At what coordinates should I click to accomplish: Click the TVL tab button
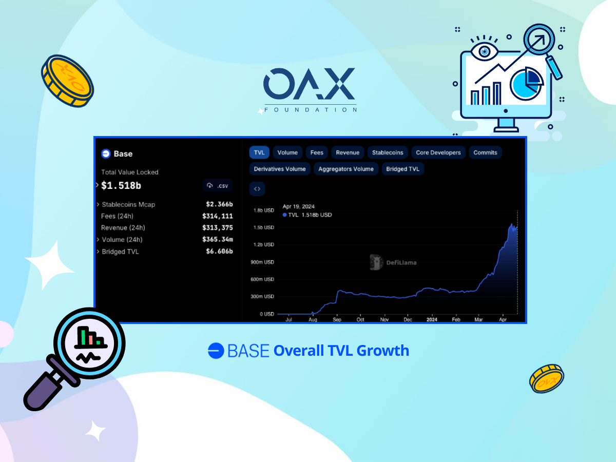click(259, 152)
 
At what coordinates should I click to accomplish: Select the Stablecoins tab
click(387, 152)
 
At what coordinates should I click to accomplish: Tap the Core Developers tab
click(438, 152)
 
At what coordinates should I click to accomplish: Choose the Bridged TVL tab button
click(402, 169)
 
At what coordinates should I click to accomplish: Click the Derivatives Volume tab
click(280, 169)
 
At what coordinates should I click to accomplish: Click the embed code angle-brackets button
click(257, 189)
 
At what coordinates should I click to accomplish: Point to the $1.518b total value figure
click(121, 185)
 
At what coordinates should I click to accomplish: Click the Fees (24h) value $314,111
click(218, 216)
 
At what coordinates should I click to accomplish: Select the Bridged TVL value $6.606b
click(220, 251)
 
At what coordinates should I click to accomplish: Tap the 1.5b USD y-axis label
click(263, 227)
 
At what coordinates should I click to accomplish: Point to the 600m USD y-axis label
click(262, 279)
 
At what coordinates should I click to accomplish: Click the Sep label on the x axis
click(337, 319)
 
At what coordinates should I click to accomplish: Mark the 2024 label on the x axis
click(432, 319)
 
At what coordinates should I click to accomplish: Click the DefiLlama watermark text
click(401, 262)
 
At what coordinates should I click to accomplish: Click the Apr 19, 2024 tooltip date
click(298, 206)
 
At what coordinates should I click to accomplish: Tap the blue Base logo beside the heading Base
click(106, 153)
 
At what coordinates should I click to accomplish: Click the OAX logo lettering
click(309, 84)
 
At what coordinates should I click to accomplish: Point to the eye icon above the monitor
click(485, 51)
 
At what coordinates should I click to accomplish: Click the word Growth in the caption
click(383, 351)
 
